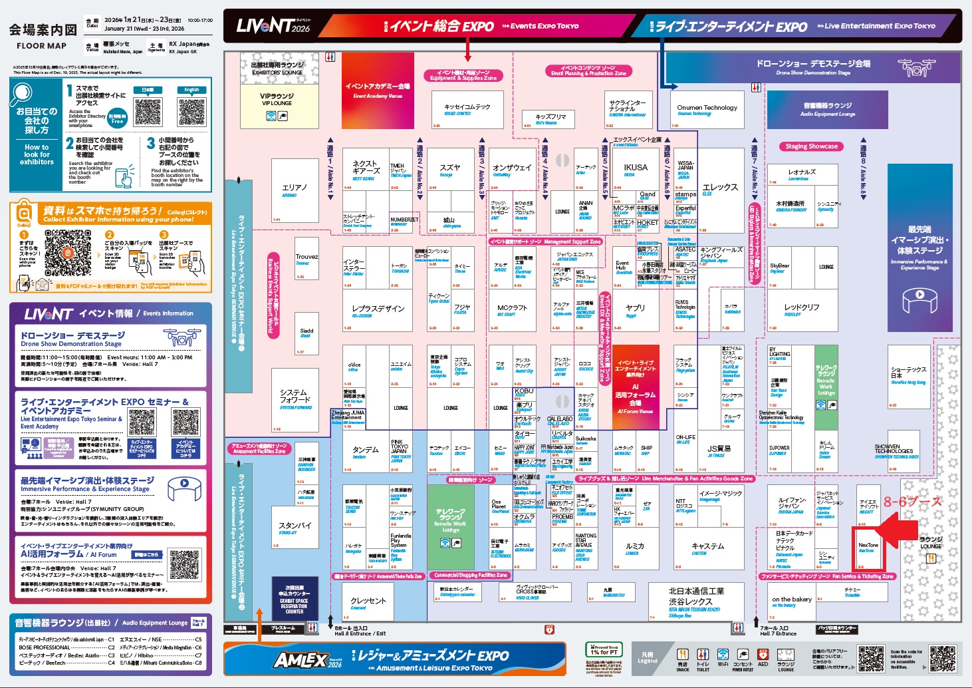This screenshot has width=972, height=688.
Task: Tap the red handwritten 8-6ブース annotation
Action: coord(912,502)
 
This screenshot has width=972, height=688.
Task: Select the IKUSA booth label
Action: coord(635,168)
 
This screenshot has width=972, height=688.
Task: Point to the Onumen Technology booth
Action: coord(707,109)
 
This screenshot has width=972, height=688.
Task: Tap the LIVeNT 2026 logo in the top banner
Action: coord(273,26)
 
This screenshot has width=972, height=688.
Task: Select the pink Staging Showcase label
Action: coord(811,146)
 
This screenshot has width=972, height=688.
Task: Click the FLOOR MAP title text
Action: coord(41,46)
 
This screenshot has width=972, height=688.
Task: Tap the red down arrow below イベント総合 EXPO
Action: coord(468,49)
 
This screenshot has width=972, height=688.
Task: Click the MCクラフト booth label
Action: coord(511,309)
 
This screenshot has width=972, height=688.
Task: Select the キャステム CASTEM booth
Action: coord(707,548)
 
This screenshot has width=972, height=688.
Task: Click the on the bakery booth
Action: coord(791,601)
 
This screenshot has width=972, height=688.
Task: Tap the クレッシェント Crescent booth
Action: coord(368,602)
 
